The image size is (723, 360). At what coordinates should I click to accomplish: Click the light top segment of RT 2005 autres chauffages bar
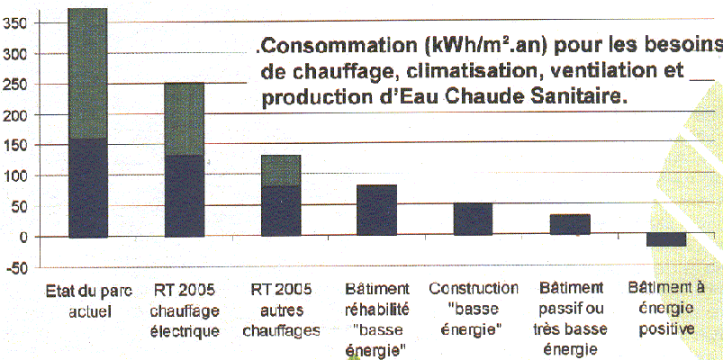[x=280, y=169]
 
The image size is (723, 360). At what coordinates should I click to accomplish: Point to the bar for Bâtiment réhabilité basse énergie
[x=376, y=211]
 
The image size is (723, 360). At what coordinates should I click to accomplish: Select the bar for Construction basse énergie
[x=472, y=220]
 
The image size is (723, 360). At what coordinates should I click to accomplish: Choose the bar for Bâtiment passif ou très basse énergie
[x=569, y=225]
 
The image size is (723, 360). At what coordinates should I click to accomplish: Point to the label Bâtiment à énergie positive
[x=665, y=309]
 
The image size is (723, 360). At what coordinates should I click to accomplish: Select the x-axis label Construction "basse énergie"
[x=474, y=309]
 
